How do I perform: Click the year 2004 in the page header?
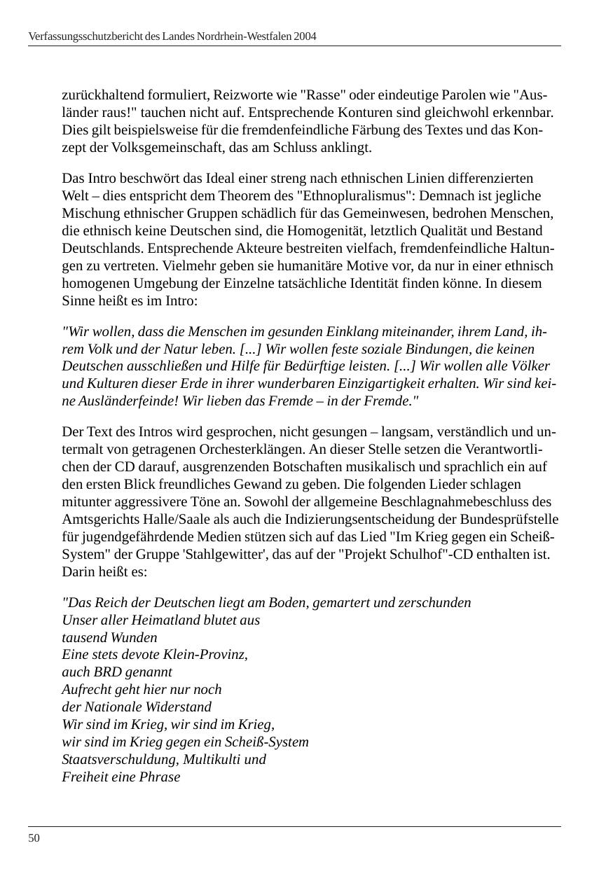click(305, 36)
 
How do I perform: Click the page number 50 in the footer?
click(34, 838)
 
